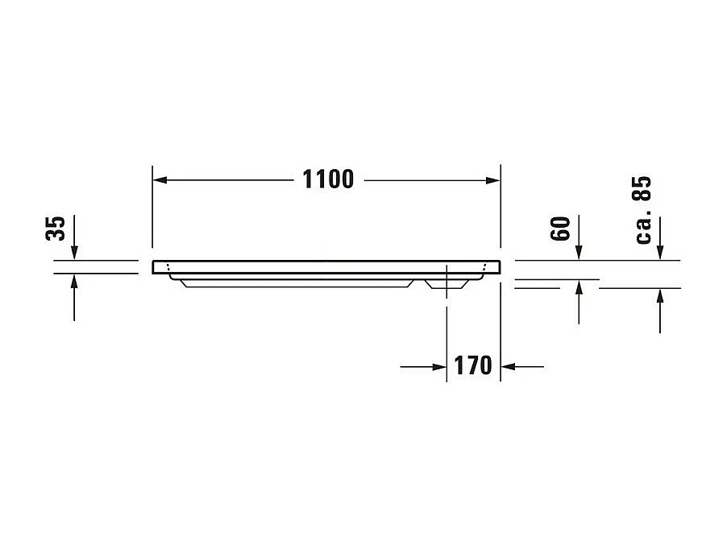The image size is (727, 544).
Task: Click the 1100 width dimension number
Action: click(328, 179)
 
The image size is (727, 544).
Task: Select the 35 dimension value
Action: click(55, 229)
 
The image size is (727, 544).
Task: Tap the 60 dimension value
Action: click(562, 229)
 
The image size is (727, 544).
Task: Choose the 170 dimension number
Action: click(472, 366)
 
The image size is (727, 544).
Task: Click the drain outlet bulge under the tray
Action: click(446, 283)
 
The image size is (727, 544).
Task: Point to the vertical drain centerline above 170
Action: click(447, 322)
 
